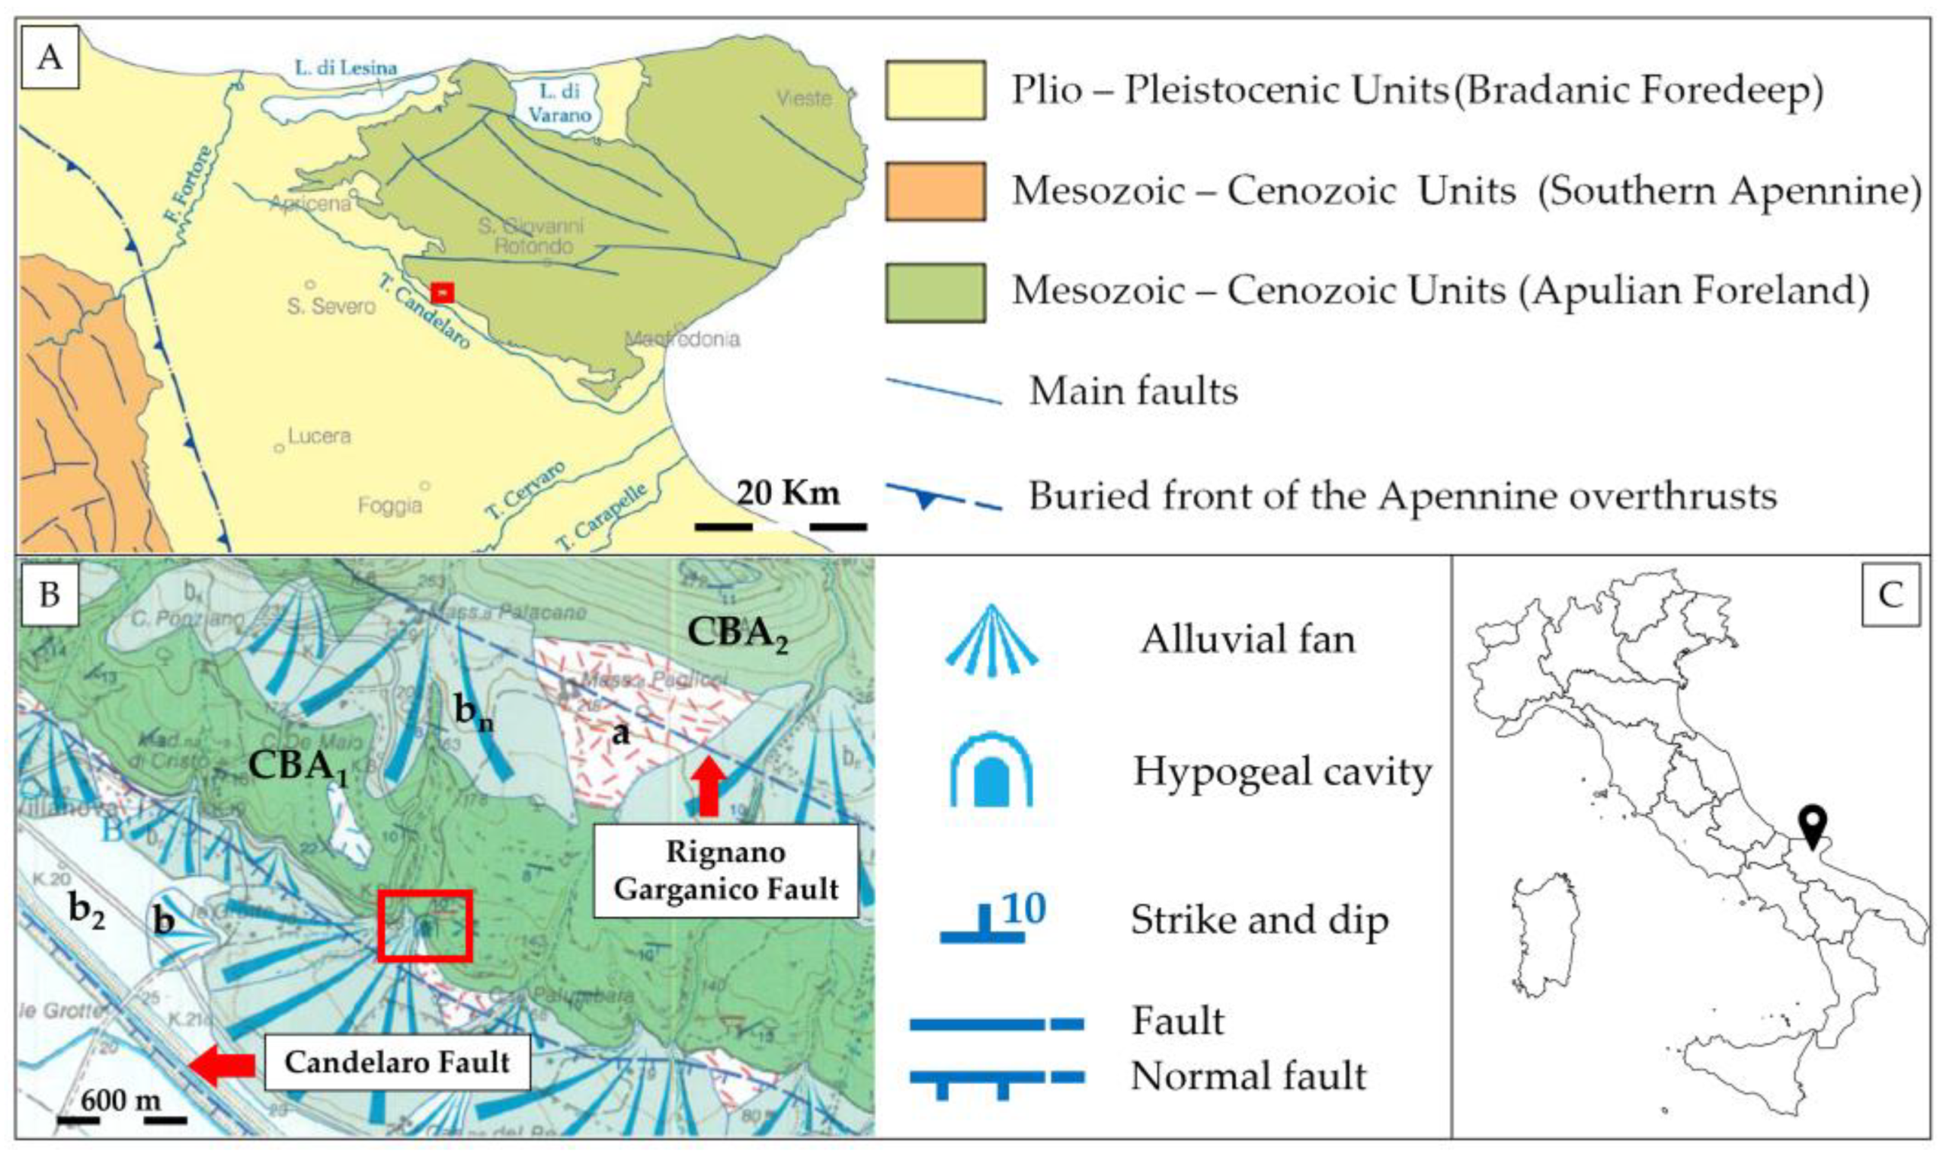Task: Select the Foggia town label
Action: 390,505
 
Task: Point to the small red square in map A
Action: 443,292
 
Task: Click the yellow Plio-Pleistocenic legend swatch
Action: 935,90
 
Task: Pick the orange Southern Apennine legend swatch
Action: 935,191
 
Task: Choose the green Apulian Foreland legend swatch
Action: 935,292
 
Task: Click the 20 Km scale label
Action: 787,493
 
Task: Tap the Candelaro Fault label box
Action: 397,1062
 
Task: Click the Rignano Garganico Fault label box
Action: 725,870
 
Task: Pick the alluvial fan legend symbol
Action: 991,640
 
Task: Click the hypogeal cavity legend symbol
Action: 991,771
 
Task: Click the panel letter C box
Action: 1890,595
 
